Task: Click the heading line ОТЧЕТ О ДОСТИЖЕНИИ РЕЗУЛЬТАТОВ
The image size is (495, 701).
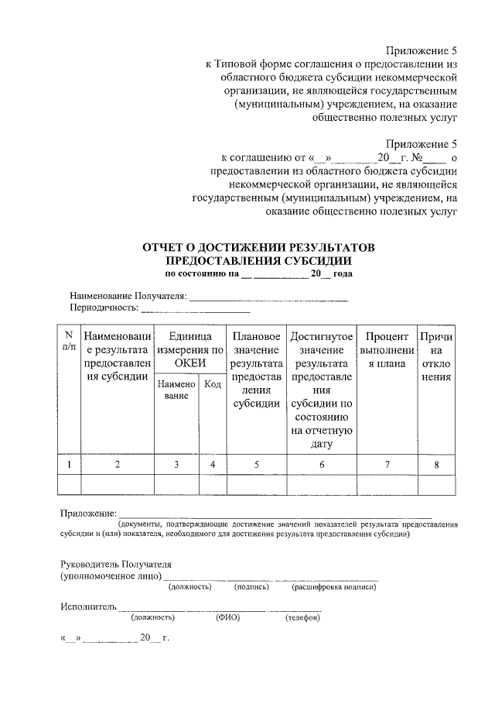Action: [x=258, y=247]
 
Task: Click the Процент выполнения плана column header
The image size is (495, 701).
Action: [x=387, y=350]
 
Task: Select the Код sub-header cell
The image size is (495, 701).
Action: [x=212, y=384]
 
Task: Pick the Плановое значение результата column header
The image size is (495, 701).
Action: [x=256, y=370]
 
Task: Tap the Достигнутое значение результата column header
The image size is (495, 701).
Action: [x=322, y=390]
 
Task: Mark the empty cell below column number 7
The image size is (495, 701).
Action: [x=387, y=484]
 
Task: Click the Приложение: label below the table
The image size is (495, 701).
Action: [x=88, y=513]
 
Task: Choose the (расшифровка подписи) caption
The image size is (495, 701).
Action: [x=333, y=587]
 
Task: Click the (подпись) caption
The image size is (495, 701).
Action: [x=251, y=587]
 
